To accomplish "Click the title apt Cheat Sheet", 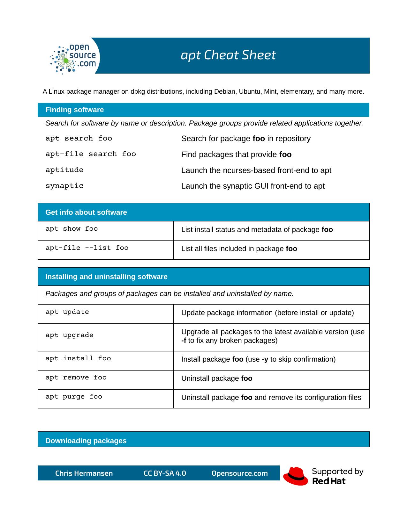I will click(x=228, y=55).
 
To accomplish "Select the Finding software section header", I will click(x=74, y=110).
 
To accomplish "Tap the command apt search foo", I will click(x=79, y=138).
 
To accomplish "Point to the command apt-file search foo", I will click(x=91, y=154).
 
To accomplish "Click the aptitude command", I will click(x=64, y=170).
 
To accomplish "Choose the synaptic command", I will click(x=64, y=186).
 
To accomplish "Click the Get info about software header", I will click(x=86, y=212).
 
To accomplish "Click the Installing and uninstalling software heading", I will click(x=106, y=277).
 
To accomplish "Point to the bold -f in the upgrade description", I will click(x=184, y=341).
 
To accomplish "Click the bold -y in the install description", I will click(x=265, y=359).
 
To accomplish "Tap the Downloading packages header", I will click(x=86, y=441).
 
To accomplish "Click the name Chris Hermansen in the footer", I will click(x=84, y=473).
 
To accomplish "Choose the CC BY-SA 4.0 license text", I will click(x=165, y=473).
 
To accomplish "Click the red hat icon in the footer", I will click(x=296, y=476).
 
